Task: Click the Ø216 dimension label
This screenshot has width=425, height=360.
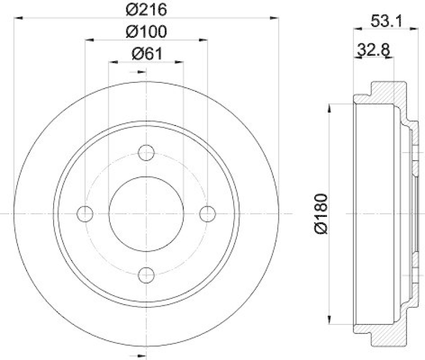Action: [146, 9]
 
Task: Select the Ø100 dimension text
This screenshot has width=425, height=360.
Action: [146, 31]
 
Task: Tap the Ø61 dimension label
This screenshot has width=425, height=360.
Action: [146, 54]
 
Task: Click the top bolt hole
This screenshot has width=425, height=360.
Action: [146, 153]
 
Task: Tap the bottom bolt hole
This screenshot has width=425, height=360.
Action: [146, 275]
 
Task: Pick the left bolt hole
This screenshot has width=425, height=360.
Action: [85, 214]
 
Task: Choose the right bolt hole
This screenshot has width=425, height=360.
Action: [207, 214]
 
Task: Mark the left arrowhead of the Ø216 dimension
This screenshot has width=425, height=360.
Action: [18, 18]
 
